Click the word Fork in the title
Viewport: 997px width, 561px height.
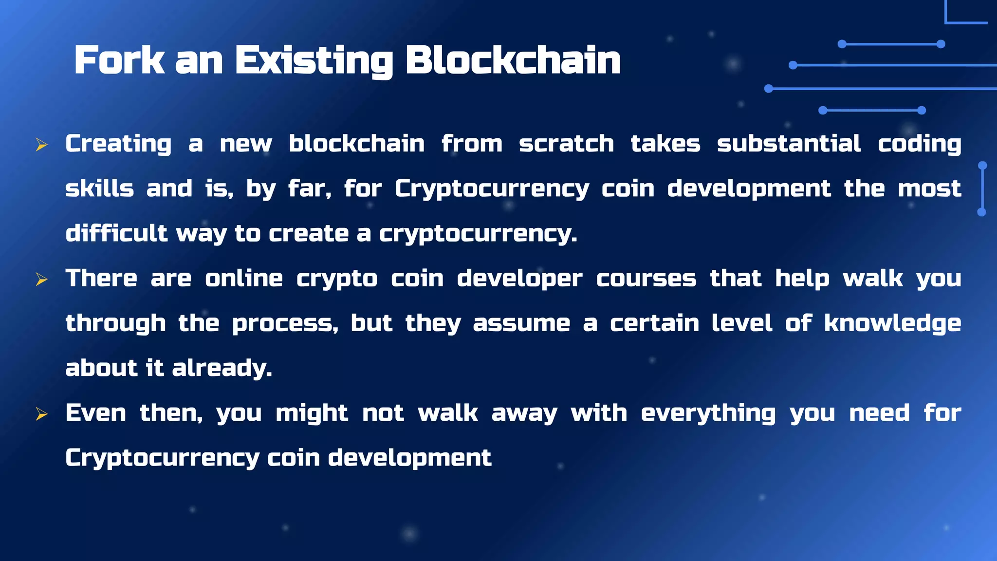119,60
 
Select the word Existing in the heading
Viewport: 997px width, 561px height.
314,61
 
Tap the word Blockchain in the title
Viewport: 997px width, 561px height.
513,60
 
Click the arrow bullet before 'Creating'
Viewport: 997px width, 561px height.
41,145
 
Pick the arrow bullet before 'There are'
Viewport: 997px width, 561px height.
41,280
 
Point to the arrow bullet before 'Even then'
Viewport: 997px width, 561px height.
41,414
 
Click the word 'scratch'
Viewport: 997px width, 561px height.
566,144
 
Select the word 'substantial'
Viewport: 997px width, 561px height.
789,144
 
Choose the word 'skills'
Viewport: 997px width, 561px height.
99,188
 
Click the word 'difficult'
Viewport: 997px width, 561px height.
116,233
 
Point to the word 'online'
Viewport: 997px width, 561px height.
243,279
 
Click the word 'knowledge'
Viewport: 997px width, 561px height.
892,324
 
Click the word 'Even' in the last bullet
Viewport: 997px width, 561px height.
95,413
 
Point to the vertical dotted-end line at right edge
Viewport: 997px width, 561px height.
982,189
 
